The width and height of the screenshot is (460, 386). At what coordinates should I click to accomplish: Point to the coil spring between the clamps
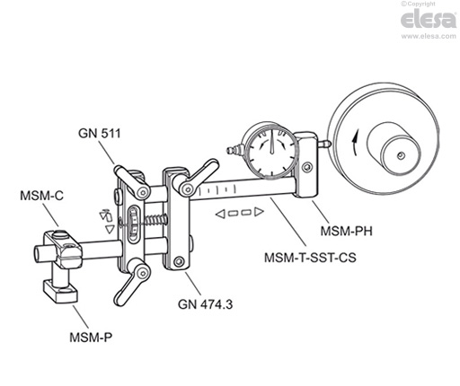156,220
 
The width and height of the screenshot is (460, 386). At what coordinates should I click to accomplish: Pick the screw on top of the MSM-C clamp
59,235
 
